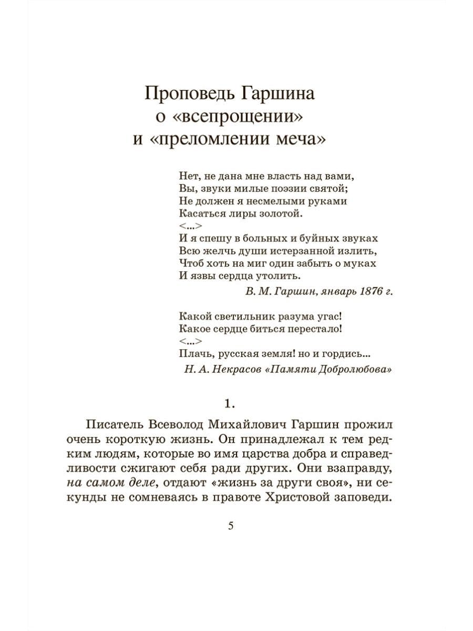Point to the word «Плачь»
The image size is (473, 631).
(x=193, y=354)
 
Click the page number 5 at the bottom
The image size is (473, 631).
(x=230, y=527)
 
